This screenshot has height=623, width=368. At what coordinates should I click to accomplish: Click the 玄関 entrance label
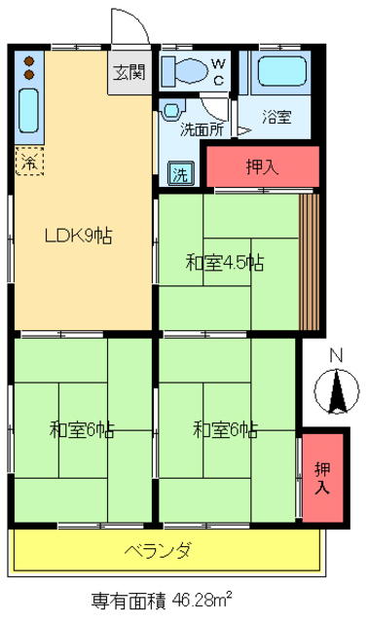pos(129,72)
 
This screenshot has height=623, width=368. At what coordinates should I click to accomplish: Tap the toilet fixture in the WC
pos(185,71)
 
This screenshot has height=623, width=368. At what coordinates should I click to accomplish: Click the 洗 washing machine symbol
pos(181,174)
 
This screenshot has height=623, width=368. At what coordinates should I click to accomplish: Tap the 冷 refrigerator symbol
pos(28,161)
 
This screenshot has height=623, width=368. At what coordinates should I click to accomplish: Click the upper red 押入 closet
pos(262,165)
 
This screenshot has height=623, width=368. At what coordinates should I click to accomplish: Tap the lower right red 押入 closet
pos(322,476)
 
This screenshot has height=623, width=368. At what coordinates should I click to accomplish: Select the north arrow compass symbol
pos(337,393)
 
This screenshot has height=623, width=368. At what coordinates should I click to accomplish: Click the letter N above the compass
pos(336,355)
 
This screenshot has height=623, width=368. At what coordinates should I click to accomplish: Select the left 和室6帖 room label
pos(81,428)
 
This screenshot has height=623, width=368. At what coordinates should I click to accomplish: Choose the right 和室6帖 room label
pos(225,428)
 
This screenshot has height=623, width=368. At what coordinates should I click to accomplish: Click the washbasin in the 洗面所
pos(173,111)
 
